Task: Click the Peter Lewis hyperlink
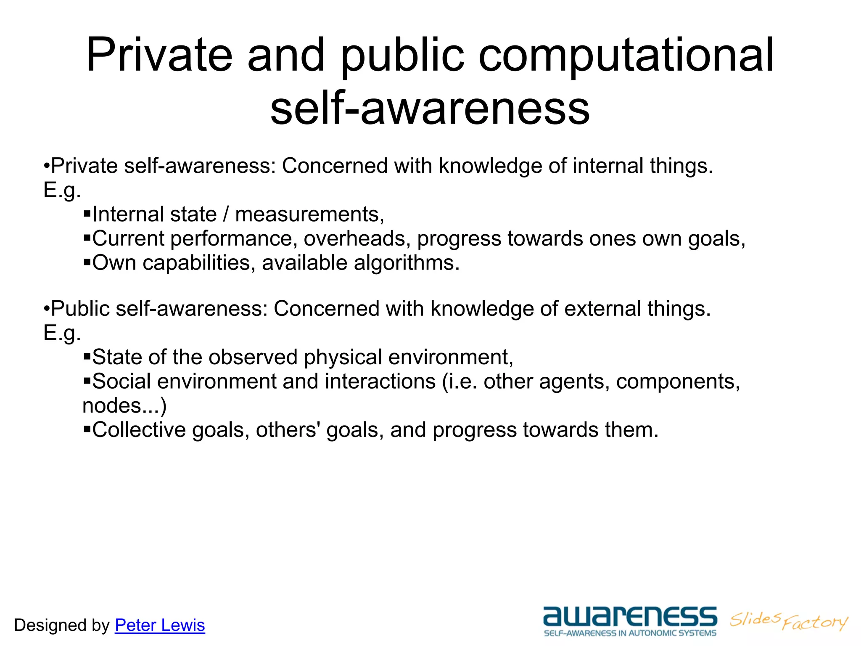(x=160, y=625)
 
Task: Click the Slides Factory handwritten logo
(x=789, y=621)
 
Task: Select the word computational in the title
(x=626, y=56)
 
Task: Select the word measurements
(x=309, y=214)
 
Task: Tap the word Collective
(x=139, y=430)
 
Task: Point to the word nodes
(x=111, y=406)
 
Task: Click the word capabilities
(x=199, y=263)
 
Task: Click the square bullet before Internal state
(x=87, y=214)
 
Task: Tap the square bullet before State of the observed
(x=87, y=357)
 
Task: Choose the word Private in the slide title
(x=159, y=56)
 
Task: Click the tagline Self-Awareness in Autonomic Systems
(x=630, y=633)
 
